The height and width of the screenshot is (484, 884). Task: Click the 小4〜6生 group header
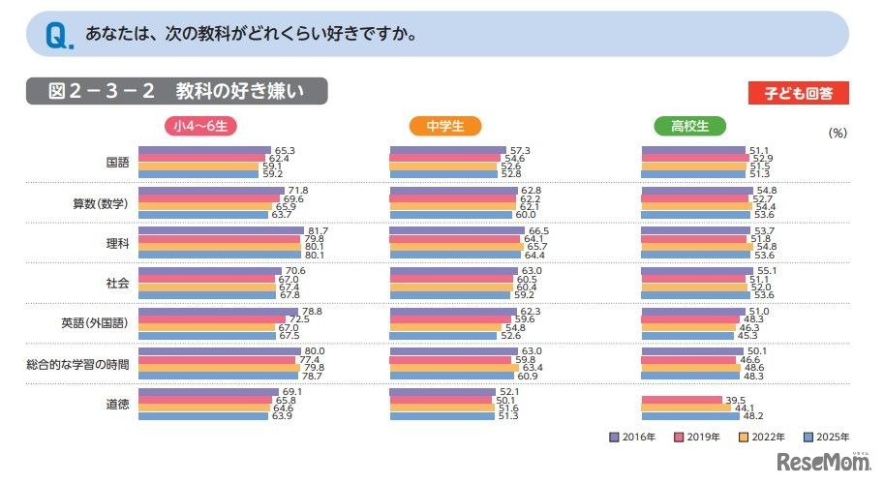pos(199,126)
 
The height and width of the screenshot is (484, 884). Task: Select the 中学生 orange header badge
pos(445,126)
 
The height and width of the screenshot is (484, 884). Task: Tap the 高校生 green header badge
pos(689,126)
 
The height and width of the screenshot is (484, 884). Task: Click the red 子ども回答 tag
pos(799,93)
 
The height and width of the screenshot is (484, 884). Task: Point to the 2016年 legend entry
pos(633,437)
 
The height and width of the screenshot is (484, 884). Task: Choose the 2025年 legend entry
pos(827,437)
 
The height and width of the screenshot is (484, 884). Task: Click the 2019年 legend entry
pos(697,437)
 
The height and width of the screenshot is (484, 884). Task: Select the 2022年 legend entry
pos(762,437)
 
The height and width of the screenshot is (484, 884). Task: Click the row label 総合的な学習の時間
pos(78,364)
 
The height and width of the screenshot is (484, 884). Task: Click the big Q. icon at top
pos(57,36)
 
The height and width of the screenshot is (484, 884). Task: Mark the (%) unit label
pos(838,135)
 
